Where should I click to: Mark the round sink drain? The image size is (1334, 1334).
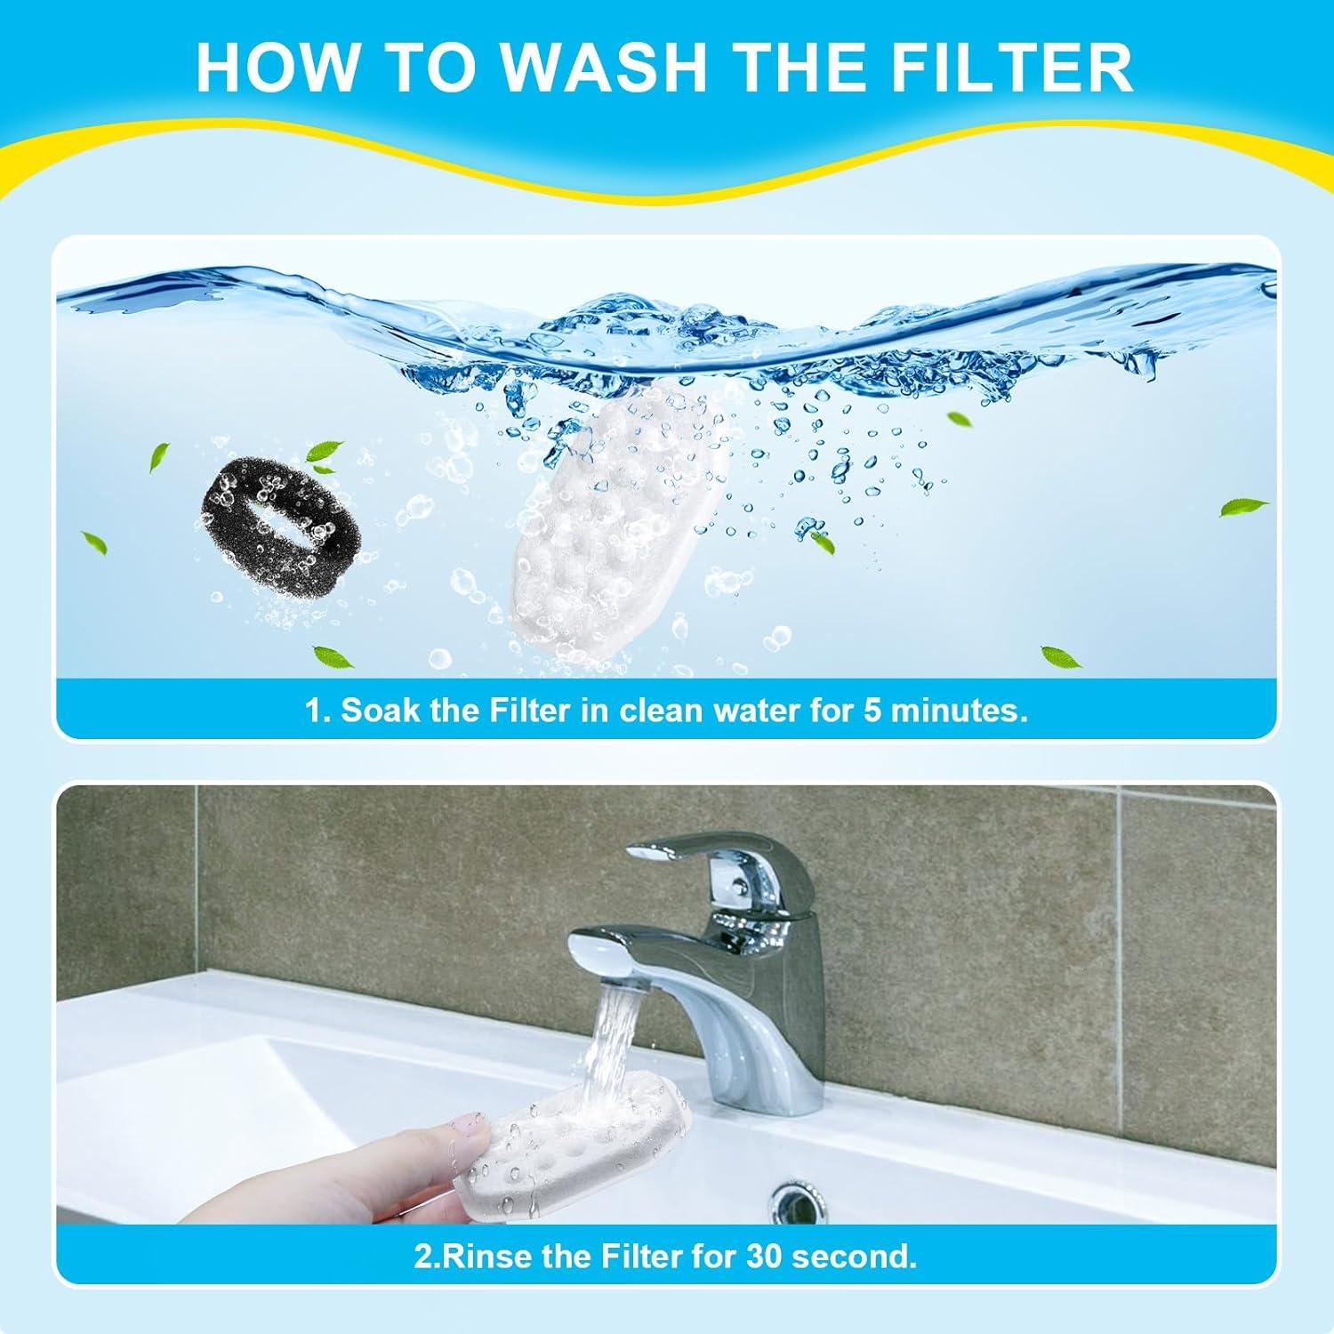pos(800,1201)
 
